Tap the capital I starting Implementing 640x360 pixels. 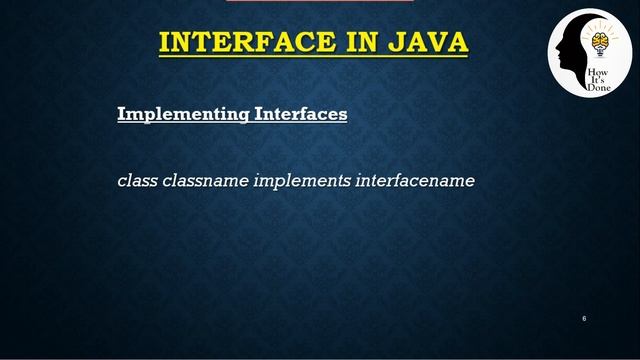point(121,114)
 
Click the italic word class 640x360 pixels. point(136,182)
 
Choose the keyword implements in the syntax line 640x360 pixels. point(300,182)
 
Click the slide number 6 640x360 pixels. point(583,318)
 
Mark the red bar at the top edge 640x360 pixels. point(320,1)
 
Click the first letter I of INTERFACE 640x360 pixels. point(165,43)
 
